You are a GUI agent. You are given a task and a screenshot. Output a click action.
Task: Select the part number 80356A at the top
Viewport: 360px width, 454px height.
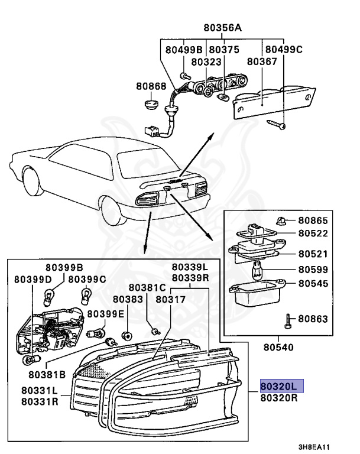coord(223,27)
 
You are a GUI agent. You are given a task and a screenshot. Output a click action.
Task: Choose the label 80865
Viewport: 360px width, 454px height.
coord(312,220)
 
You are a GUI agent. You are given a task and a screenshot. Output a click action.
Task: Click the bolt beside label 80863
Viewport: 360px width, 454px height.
coord(288,319)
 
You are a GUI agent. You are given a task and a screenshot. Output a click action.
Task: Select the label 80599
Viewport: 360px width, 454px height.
coord(312,270)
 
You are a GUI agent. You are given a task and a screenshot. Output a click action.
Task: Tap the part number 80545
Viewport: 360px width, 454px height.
coord(312,283)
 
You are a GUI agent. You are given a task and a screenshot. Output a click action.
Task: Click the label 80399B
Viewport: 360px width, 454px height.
coord(68,267)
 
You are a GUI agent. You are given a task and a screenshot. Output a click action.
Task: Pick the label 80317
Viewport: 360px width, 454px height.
coord(171,300)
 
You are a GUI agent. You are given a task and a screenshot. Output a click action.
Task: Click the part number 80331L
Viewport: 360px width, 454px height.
coord(40,390)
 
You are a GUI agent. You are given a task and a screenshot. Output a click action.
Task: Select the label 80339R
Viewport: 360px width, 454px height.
coord(190,278)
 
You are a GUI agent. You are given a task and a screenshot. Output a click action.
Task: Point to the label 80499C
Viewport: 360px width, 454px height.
coord(283,50)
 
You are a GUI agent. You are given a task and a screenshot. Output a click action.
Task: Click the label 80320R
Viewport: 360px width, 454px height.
coord(278,398)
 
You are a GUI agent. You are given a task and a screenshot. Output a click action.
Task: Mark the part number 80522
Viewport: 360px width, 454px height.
coord(312,234)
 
